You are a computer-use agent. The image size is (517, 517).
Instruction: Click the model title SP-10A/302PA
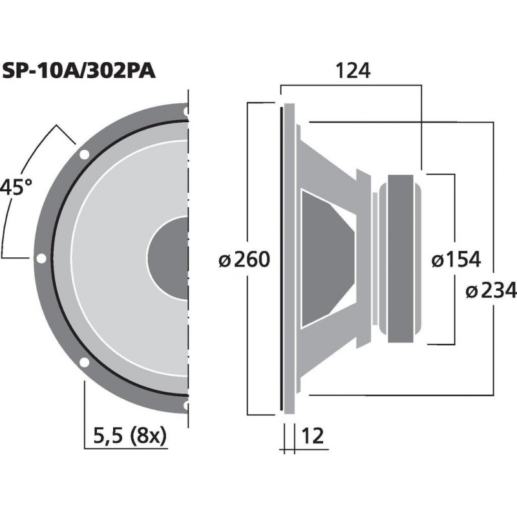click(78, 70)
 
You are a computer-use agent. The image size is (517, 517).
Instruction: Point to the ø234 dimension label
click(490, 291)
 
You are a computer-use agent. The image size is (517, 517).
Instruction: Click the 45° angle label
click(16, 188)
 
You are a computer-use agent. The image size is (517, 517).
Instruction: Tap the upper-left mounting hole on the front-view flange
click(84, 154)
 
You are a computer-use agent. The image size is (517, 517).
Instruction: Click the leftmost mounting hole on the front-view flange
click(41, 258)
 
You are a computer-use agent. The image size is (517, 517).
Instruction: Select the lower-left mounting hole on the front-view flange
click(84, 363)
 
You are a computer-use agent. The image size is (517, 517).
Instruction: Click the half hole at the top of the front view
click(186, 112)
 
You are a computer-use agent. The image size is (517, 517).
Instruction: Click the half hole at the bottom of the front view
click(186, 405)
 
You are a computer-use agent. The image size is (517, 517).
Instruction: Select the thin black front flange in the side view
click(282, 258)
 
